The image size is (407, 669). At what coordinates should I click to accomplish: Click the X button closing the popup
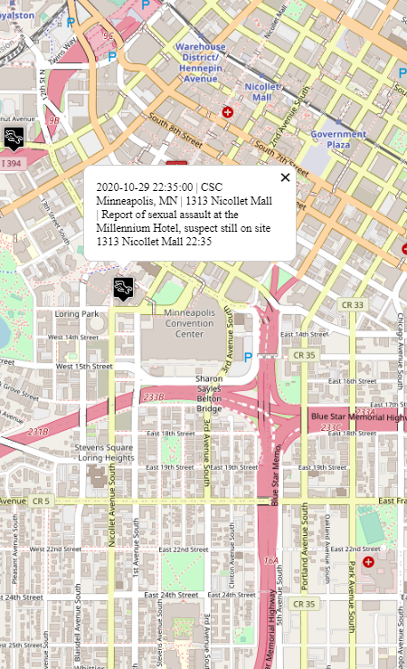[x=286, y=177]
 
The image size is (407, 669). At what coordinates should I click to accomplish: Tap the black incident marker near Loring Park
[x=123, y=288]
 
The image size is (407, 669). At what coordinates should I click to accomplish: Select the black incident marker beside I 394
[x=14, y=138]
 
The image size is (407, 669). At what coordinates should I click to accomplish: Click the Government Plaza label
[x=338, y=139]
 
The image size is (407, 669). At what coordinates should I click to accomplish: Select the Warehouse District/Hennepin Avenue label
[x=201, y=62]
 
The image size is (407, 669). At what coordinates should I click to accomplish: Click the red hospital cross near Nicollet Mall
[x=227, y=112]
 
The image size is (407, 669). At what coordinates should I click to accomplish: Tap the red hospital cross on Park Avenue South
[x=367, y=562]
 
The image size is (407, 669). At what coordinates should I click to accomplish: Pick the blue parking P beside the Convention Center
[x=249, y=358]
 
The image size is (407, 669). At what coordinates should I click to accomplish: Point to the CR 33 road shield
[x=352, y=305]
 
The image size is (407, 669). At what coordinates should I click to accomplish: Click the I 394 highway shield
[x=10, y=163]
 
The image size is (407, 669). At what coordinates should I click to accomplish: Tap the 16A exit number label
[x=271, y=561]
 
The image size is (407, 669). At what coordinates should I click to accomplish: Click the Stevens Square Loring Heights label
[x=104, y=453]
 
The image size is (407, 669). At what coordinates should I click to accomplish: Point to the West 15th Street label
[x=83, y=367]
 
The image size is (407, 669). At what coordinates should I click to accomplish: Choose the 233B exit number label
[x=154, y=397]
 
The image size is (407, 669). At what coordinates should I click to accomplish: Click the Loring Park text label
[x=76, y=314]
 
